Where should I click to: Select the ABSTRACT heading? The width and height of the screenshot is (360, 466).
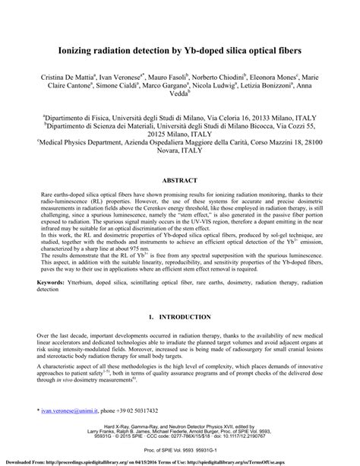click(179, 181)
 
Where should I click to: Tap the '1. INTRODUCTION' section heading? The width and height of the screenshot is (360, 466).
click(179, 315)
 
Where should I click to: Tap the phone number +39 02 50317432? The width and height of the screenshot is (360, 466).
click(134, 411)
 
